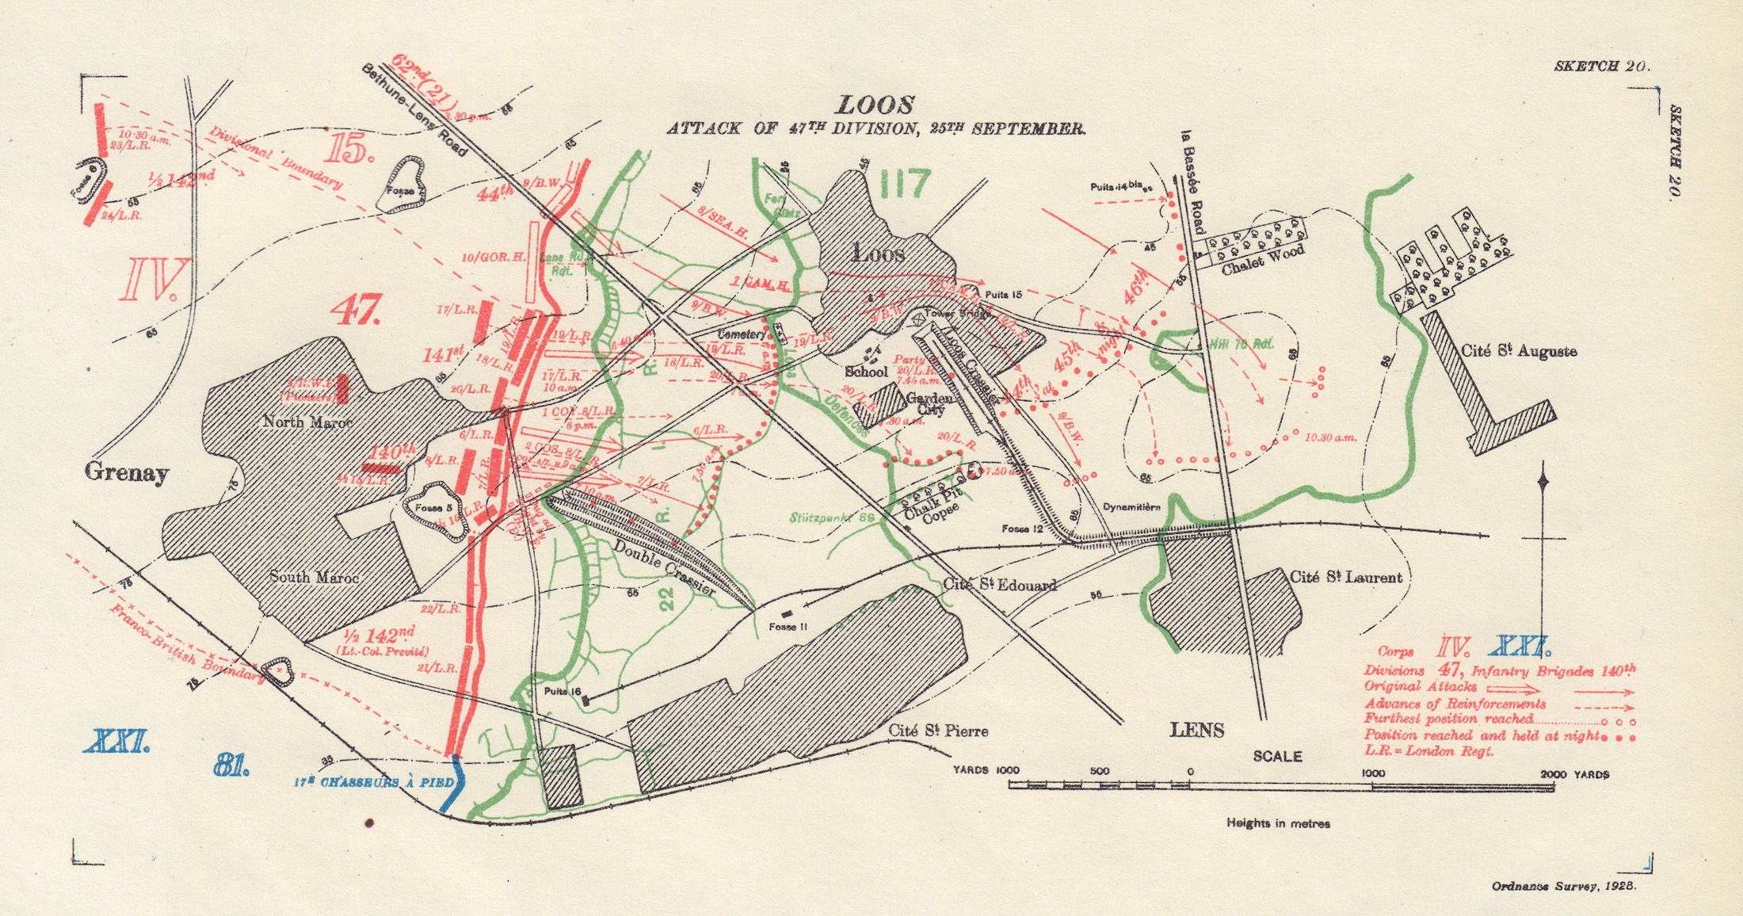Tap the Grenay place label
coord(127,473)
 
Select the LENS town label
coord(1197,730)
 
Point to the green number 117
coord(905,185)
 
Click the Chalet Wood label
coord(1262,261)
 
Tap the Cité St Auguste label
coord(1518,351)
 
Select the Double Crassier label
coord(664,568)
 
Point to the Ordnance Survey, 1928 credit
coord(1563,886)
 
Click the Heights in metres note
coord(1278,823)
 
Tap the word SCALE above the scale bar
coord(1277,757)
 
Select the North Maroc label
coord(307,422)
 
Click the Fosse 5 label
coord(433,508)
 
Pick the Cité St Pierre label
coord(938,731)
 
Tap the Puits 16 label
coord(563,691)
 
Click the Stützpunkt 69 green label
coord(832,517)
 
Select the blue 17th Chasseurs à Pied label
coord(374,783)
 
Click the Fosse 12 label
coord(1022,529)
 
